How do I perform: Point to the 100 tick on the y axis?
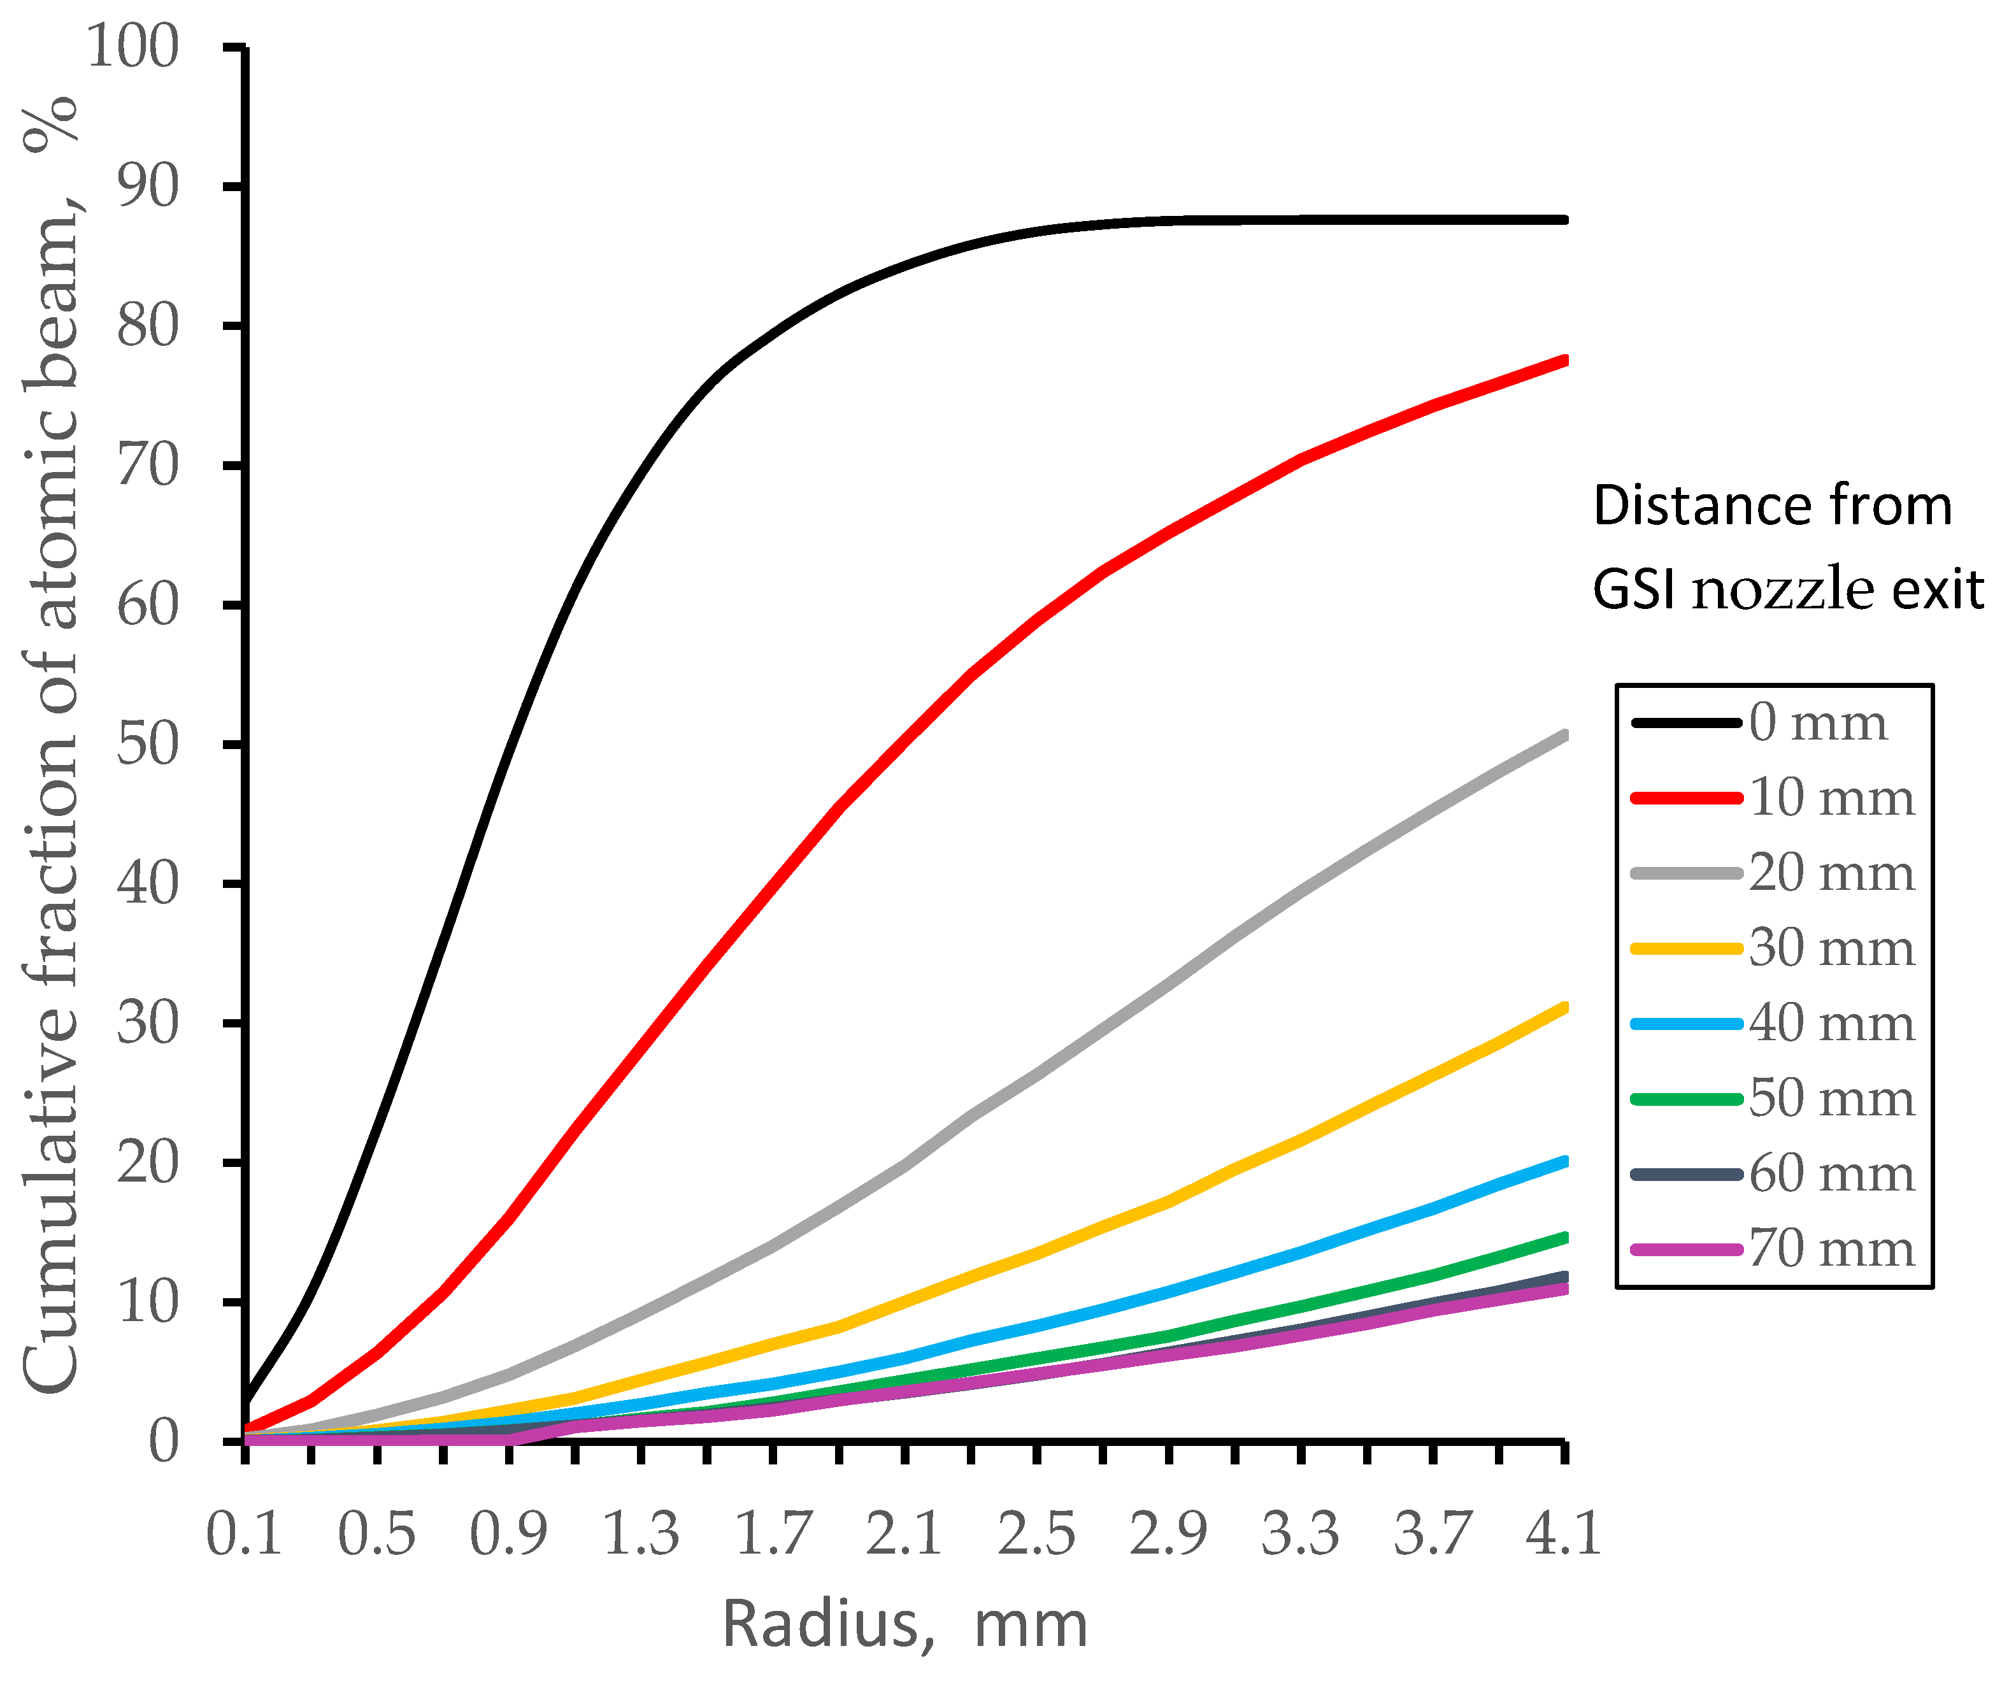coord(132,46)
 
